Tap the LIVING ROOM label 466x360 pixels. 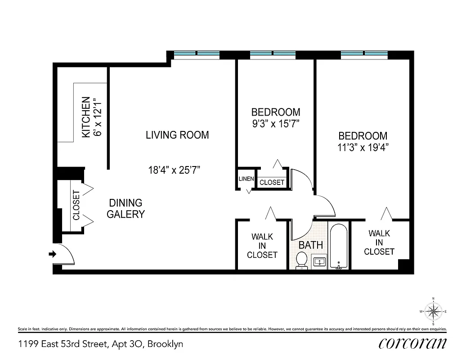(177, 135)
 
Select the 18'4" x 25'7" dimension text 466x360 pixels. (174, 170)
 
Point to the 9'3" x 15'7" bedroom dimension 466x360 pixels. (275, 123)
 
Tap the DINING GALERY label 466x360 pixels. (125, 208)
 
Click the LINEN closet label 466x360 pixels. (246, 179)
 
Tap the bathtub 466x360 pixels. (338, 246)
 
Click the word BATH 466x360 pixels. (311, 245)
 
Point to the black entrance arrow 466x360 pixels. (52, 254)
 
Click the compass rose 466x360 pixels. (433, 311)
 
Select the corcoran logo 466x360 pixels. (413, 343)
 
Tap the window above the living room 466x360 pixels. (197, 54)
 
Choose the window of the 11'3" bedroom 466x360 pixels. (364, 54)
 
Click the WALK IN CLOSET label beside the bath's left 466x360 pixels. (262, 246)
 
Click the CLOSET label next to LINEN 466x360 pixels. (272, 182)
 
